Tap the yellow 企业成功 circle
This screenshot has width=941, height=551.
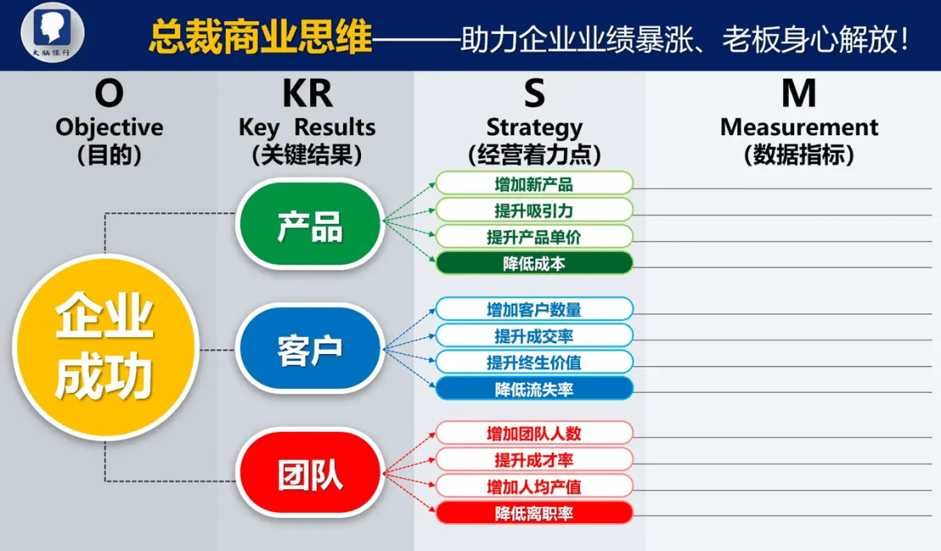tap(105, 347)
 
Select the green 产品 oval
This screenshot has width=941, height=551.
tap(309, 224)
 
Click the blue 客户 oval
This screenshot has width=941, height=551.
tap(309, 349)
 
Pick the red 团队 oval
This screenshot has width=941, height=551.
tap(309, 473)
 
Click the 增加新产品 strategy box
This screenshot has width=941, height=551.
tap(534, 183)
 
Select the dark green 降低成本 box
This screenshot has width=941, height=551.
tap(534, 263)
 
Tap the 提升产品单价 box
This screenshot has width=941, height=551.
tap(534, 237)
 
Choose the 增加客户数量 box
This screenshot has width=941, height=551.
tap(534, 309)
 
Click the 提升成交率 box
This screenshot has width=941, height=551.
tap(534, 336)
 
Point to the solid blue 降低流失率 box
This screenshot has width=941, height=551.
tap(534, 389)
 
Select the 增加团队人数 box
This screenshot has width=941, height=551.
tap(534, 433)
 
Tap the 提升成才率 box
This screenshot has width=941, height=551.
tap(534, 460)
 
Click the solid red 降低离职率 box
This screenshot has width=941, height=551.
tap(534, 513)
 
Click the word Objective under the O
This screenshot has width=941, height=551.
tap(109, 128)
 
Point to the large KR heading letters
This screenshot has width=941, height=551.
tap(307, 94)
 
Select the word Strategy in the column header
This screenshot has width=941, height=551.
tap(534, 128)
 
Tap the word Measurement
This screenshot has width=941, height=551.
tap(799, 127)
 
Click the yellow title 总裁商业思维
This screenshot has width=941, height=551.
tap(260, 37)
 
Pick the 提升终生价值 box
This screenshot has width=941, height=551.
tap(534, 363)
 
